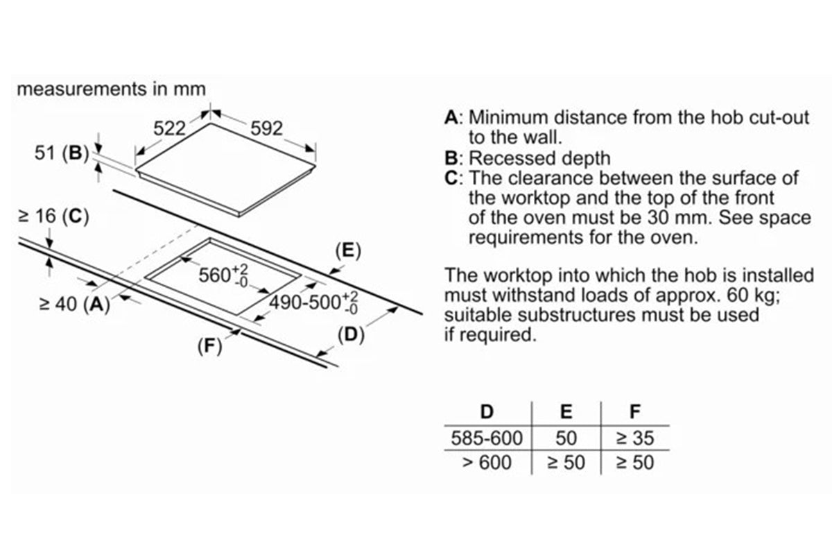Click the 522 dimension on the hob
point(170,128)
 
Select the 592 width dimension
point(267,128)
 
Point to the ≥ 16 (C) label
point(53,217)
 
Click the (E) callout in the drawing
point(347,250)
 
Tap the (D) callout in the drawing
point(350,335)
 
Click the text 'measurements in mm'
point(111,89)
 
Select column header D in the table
point(487,411)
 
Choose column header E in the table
point(566,411)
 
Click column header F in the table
point(634,411)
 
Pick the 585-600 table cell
point(487,438)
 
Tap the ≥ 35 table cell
point(634,438)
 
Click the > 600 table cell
point(487,462)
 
